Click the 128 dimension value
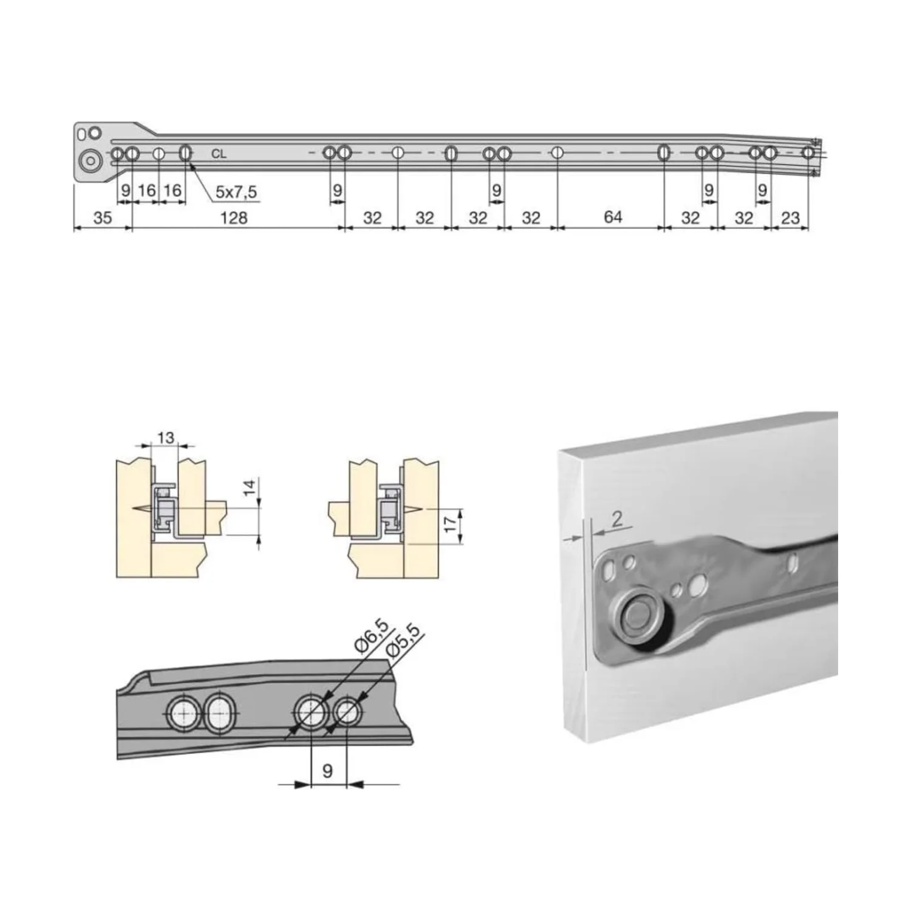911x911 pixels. tap(233, 217)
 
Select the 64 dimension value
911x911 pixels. tap(613, 217)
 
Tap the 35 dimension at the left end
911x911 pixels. tap(103, 217)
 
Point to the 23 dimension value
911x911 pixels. tap(790, 217)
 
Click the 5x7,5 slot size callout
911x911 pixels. tap(236, 192)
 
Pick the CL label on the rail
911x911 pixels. tap(219, 154)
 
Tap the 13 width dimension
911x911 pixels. tap(165, 437)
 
